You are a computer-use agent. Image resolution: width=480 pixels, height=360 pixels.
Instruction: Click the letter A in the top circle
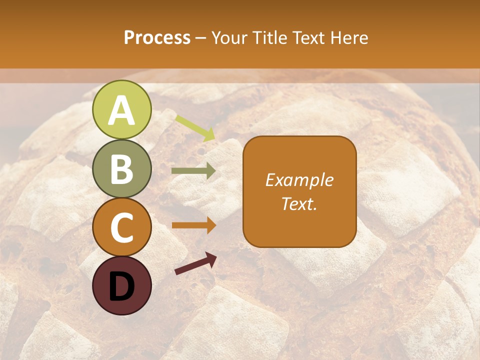pyautogui.click(x=121, y=110)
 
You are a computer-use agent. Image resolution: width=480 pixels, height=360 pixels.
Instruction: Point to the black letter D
pyautogui.click(x=121, y=286)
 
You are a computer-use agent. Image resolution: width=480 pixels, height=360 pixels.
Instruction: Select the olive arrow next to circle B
pyautogui.click(x=193, y=171)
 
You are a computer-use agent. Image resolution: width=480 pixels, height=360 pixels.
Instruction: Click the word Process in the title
pyautogui.click(x=157, y=37)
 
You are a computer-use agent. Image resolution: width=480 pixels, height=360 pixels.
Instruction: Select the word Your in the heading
pyautogui.click(x=229, y=37)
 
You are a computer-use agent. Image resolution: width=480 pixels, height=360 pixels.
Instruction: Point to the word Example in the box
pyautogui.click(x=299, y=180)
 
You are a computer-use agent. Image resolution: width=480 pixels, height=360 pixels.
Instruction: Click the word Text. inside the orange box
pyautogui.click(x=299, y=203)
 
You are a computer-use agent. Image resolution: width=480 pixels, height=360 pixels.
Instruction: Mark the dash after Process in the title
pyautogui.click(x=200, y=38)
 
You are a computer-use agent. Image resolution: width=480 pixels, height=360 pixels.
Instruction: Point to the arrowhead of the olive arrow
pyautogui.click(x=211, y=171)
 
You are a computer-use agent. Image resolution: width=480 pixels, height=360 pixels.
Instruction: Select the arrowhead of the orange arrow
pyautogui.click(x=211, y=225)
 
